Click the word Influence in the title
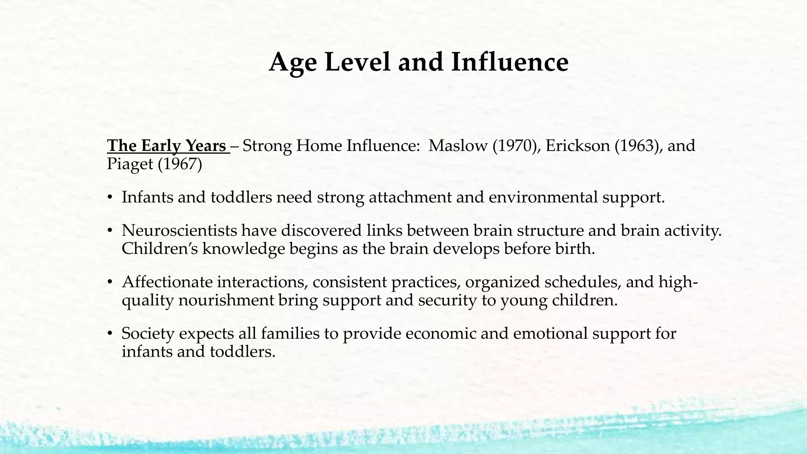509,62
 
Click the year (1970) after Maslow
515,146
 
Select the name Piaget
130,164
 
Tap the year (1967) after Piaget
180,164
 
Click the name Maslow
458,146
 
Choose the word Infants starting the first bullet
147,197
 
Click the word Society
148,333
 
